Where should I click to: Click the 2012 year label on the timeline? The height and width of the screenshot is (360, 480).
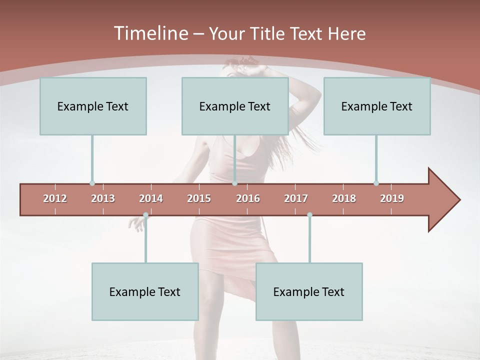pyautogui.click(x=55, y=198)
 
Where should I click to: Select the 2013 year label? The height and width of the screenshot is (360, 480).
pyautogui.click(x=103, y=198)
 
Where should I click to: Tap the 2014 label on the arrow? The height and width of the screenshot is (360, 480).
pyautogui.click(x=151, y=198)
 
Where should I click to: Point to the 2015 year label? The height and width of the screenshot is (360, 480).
pyautogui.click(x=199, y=198)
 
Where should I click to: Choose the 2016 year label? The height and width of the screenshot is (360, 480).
pyautogui.click(x=248, y=198)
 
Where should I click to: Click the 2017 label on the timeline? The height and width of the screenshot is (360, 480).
pyautogui.click(x=296, y=198)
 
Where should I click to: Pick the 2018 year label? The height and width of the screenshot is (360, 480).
pyautogui.click(x=344, y=198)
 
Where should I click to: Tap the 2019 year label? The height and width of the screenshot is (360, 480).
pyautogui.click(x=392, y=198)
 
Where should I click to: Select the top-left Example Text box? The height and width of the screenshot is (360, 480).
pyautogui.click(x=93, y=106)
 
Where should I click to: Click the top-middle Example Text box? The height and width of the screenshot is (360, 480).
pyautogui.click(x=235, y=106)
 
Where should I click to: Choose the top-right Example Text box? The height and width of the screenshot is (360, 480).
pyautogui.click(x=377, y=106)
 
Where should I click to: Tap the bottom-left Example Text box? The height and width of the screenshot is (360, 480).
pyautogui.click(x=145, y=291)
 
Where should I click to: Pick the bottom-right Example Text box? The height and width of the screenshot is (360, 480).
pyautogui.click(x=309, y=291)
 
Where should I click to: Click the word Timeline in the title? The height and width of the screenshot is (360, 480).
pyautogui.click(x=150, y=33)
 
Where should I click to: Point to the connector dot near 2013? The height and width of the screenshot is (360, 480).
pyautogui.click(x=92, y=183)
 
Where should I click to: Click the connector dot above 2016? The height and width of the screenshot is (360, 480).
pyautogui.click(x=234, y=183)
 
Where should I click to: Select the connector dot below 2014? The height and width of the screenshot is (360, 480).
pyautogui.click(x=145, y=215)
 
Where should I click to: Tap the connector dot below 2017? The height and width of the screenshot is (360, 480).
pyautogui.click(x=309, y=215)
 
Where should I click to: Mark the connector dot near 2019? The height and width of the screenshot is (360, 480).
pyautogui.click(x=376, y=183)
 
